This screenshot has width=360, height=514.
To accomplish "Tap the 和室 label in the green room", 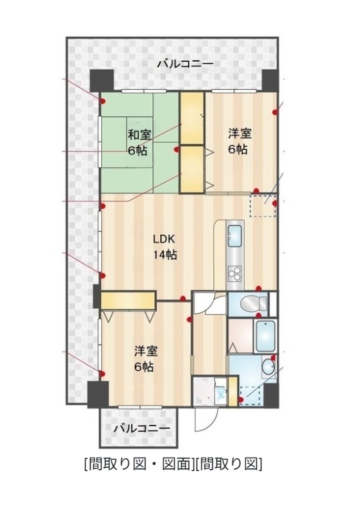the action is (x=139, y=135).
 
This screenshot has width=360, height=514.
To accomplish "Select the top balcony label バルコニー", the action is (x=185, y=64).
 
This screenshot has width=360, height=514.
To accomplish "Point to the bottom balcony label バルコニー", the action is (x=143, y=428).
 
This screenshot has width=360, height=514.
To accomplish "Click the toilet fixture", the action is (x=254, y=303).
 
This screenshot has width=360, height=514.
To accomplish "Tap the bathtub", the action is (x=265, y=336).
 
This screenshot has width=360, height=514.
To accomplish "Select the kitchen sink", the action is (x=235, y=236).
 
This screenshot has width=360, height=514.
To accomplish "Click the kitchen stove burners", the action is (x=235, y=272).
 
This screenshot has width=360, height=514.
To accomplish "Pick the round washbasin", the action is (x=269, y=366).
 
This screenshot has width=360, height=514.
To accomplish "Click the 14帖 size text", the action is (x=165, y=255).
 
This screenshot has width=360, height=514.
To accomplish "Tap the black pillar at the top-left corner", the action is (x=101, y=81).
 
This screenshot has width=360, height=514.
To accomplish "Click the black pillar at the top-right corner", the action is (x=271, y=81).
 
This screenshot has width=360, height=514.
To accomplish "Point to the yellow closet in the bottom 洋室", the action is (x=128, y=301).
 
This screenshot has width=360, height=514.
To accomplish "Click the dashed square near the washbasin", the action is (x=250, y=397).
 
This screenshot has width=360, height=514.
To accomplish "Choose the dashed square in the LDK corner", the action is (x=263, y=205).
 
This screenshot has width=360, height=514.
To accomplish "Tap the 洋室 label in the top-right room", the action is (x=240, y=134).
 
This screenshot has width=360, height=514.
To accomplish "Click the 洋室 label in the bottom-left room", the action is (x=146, y=352).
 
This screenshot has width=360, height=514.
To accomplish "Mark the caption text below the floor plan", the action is (x=173, y=464).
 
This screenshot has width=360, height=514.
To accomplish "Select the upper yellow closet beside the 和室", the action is (x=192, y=118).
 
